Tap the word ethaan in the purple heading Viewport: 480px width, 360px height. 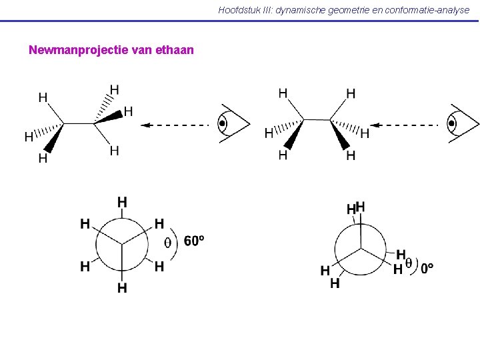(x=174, y=50)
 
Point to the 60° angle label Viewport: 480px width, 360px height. (x=193, y=241)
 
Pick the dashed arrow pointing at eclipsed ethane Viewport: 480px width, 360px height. (x=407, y=125)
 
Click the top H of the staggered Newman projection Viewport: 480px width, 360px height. (x=122, y=201)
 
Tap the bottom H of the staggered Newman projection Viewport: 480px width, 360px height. (x=122, y=288)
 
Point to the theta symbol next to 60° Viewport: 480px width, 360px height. (x=167, y=243)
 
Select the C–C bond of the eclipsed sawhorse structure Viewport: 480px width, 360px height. (x=317, y=120)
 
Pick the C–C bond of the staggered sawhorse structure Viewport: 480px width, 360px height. (x=79, y=123)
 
